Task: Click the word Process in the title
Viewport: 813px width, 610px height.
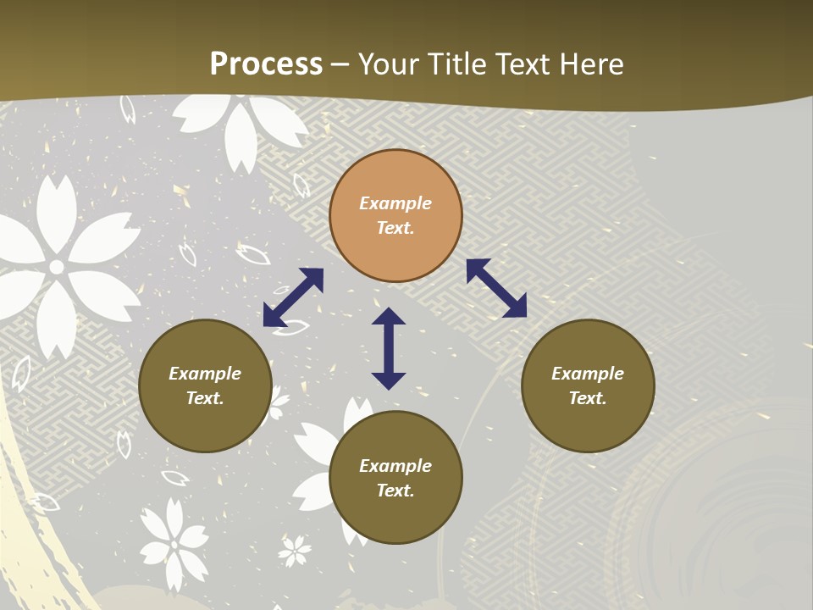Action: (x=266, y=64)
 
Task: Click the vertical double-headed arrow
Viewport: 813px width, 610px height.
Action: (x=389, y=348)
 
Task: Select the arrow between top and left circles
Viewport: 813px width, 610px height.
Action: (x=293, y=297)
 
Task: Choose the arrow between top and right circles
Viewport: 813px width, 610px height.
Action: (x=496, y=288)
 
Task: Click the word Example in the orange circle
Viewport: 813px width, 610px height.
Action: (x=395, y=203)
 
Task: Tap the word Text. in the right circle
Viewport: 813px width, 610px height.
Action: (x=588, y=398)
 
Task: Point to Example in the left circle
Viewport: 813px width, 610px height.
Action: (x=205, y=374)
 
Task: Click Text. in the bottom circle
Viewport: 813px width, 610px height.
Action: (x=395, y=491)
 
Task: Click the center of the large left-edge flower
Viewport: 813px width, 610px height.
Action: (x=57, y=268)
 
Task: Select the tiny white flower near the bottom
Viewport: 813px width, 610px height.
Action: (x=295, y=551)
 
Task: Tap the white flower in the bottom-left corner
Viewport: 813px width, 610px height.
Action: (x=174, y=543)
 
